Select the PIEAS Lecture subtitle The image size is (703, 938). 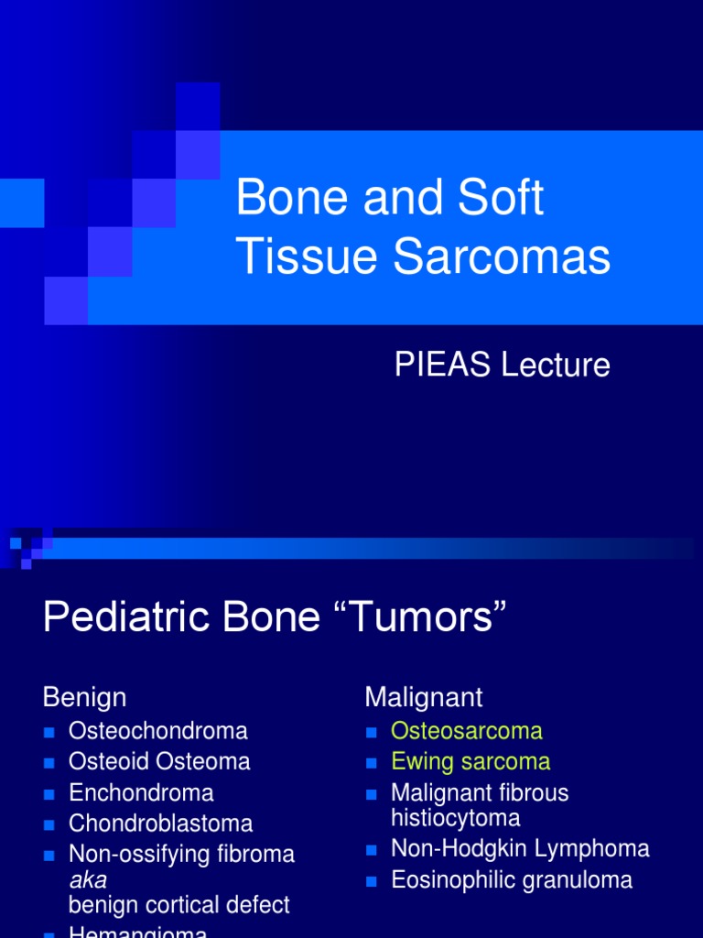(502, 365)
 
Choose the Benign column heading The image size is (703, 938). (84, 697)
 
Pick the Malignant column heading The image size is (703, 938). (424, 697)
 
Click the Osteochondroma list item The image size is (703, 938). (158, 731)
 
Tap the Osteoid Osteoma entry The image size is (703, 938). (159, 761)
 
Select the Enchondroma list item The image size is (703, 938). (141, 792)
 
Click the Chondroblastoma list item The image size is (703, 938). (161, 823)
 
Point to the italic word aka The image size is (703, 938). (89, 880)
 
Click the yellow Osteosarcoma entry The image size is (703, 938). (467, 731)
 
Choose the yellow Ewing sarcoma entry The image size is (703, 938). (470, 761)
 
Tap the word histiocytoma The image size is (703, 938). (456, 818)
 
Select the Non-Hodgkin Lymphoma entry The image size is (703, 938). (520, 849)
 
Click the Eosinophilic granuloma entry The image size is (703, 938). (512, 880)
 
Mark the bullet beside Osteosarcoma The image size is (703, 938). (371, 732)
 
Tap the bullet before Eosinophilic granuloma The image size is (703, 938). (371, 881)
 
